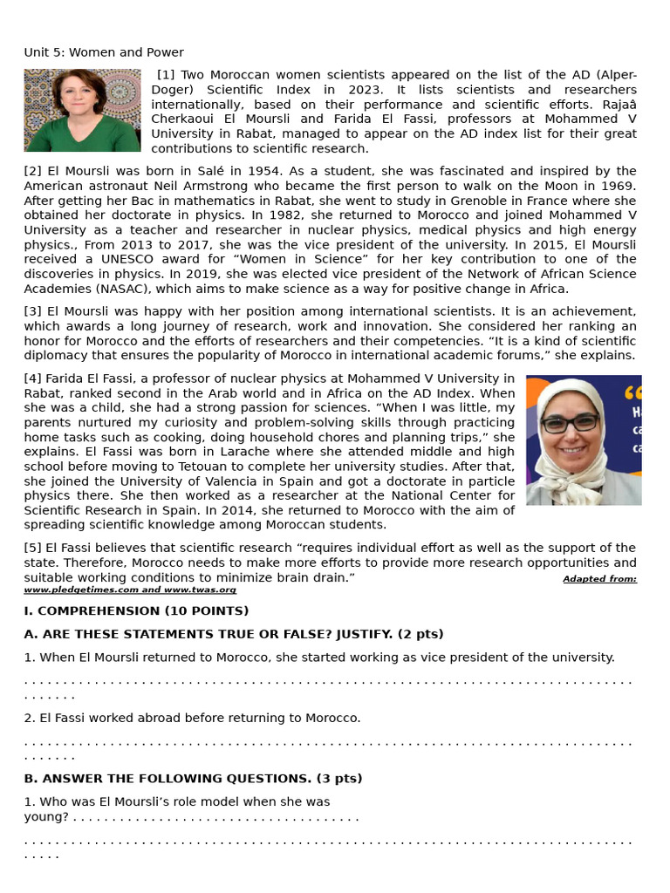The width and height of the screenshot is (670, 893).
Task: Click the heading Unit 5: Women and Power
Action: (104, 52)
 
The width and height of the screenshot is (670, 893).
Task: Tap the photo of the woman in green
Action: (82, 110)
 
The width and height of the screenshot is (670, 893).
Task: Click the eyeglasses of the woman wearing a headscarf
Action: (570, 423)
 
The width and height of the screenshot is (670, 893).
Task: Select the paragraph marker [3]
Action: (32, 311)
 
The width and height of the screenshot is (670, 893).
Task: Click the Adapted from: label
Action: (599, 579)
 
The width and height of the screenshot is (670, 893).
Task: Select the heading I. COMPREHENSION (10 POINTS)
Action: (136, 610)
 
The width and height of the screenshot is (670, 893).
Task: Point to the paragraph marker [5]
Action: (32, 548)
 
